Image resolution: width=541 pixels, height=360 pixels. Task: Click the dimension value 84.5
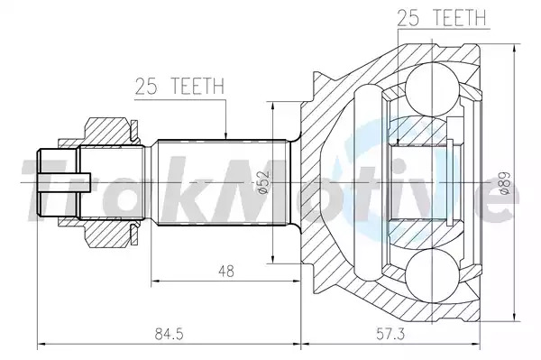click(169, 334)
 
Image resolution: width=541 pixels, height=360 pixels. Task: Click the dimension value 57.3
click(390, 334)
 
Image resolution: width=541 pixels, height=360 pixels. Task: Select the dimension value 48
click(226, 271)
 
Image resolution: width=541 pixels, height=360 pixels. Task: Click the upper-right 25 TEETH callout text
click(441, 18)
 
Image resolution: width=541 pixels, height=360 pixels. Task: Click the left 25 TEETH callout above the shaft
click(179, 87)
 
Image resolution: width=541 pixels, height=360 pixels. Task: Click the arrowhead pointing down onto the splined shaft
click(225, 135)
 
